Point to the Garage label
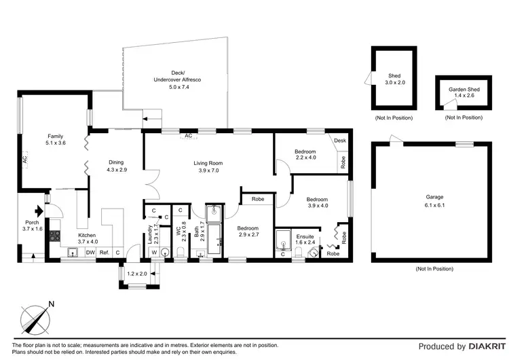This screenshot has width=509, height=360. pos(430,197)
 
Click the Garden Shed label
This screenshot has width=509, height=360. pos(462,89)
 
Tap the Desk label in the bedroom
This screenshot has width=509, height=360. pos(340,141)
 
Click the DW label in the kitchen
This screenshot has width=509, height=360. pos(90,252)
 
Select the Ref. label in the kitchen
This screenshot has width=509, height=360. pos(105,252)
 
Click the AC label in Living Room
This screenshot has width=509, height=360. pos(188,136)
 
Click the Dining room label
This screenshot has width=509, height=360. pos(116,162)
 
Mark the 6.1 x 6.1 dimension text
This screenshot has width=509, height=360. pos(430,204)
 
